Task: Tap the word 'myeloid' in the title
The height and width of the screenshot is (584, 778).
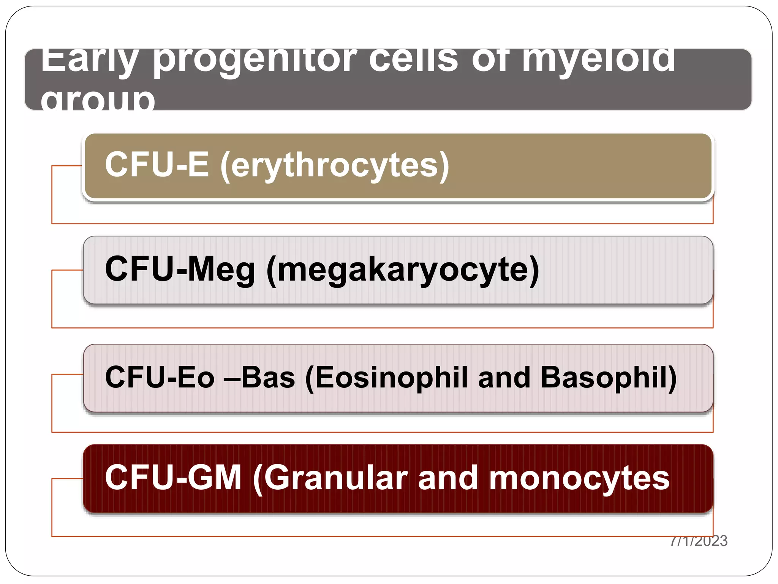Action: (599, 61)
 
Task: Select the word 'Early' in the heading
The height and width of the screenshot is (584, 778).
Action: (89, 61)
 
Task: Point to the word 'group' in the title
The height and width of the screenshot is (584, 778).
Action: (98, 100)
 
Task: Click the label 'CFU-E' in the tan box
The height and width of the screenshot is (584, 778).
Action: (157, 164)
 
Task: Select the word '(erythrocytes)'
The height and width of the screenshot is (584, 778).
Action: (335, 165)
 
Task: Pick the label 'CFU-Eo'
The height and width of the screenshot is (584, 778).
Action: (160, 377)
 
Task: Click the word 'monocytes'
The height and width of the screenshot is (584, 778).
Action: (579, 478)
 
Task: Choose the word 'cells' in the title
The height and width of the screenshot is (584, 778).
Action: (414, 61)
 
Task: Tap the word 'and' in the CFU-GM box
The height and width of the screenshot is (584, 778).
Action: (448, 478)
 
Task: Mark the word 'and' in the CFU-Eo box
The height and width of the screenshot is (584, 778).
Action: (504, 377)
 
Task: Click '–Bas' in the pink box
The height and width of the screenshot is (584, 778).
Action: (259, 377)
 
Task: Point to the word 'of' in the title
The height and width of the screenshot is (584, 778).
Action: (490, 61)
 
